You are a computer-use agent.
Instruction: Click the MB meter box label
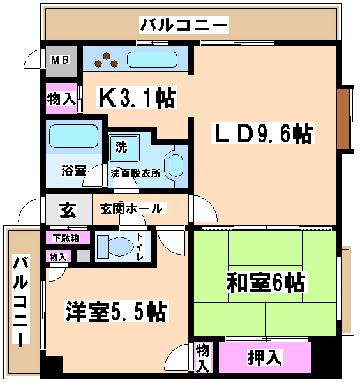[x=61, y=59]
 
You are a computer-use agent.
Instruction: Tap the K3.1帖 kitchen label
[x=137, y=97]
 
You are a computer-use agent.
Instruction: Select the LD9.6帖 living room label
[x=262, y=133]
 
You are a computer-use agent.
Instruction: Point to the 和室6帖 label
[x=266, y=282]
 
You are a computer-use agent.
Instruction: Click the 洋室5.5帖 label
[x=116, y=312]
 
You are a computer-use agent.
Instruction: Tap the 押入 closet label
[x=265, y=357]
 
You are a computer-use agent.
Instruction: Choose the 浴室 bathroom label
[x=73, y=170]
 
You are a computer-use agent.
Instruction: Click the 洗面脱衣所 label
[x=136, y=173]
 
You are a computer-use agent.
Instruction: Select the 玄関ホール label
[x=131, y=209]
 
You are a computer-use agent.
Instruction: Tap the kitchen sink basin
[x=152, y=59]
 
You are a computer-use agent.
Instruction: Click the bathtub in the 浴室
[x=74, y=137]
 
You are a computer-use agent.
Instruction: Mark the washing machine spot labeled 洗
[x=124, y=147]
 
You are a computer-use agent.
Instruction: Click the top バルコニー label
[x=184, y=24]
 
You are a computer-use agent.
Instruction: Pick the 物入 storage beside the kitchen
[x=61, y=99]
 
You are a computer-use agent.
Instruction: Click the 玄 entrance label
[x=68, y=209]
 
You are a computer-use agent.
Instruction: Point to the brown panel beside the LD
[x=343, y=119]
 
